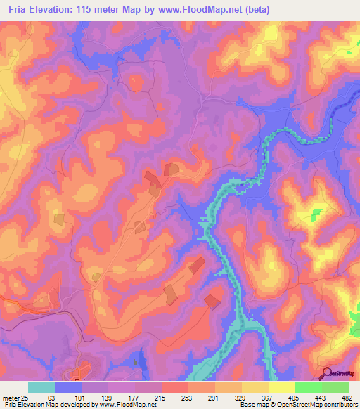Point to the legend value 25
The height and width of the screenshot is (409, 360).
(x=25, y=397)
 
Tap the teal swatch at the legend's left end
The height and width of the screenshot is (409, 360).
(x=41, y=387)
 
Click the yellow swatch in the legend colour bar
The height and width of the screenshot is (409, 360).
(x=281, y=387)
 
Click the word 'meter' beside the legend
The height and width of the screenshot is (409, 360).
(x=10, y=397)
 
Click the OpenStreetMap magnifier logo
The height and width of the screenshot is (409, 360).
(x=327, y=375)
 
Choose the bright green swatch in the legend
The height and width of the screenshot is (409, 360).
(x=308, y=387)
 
